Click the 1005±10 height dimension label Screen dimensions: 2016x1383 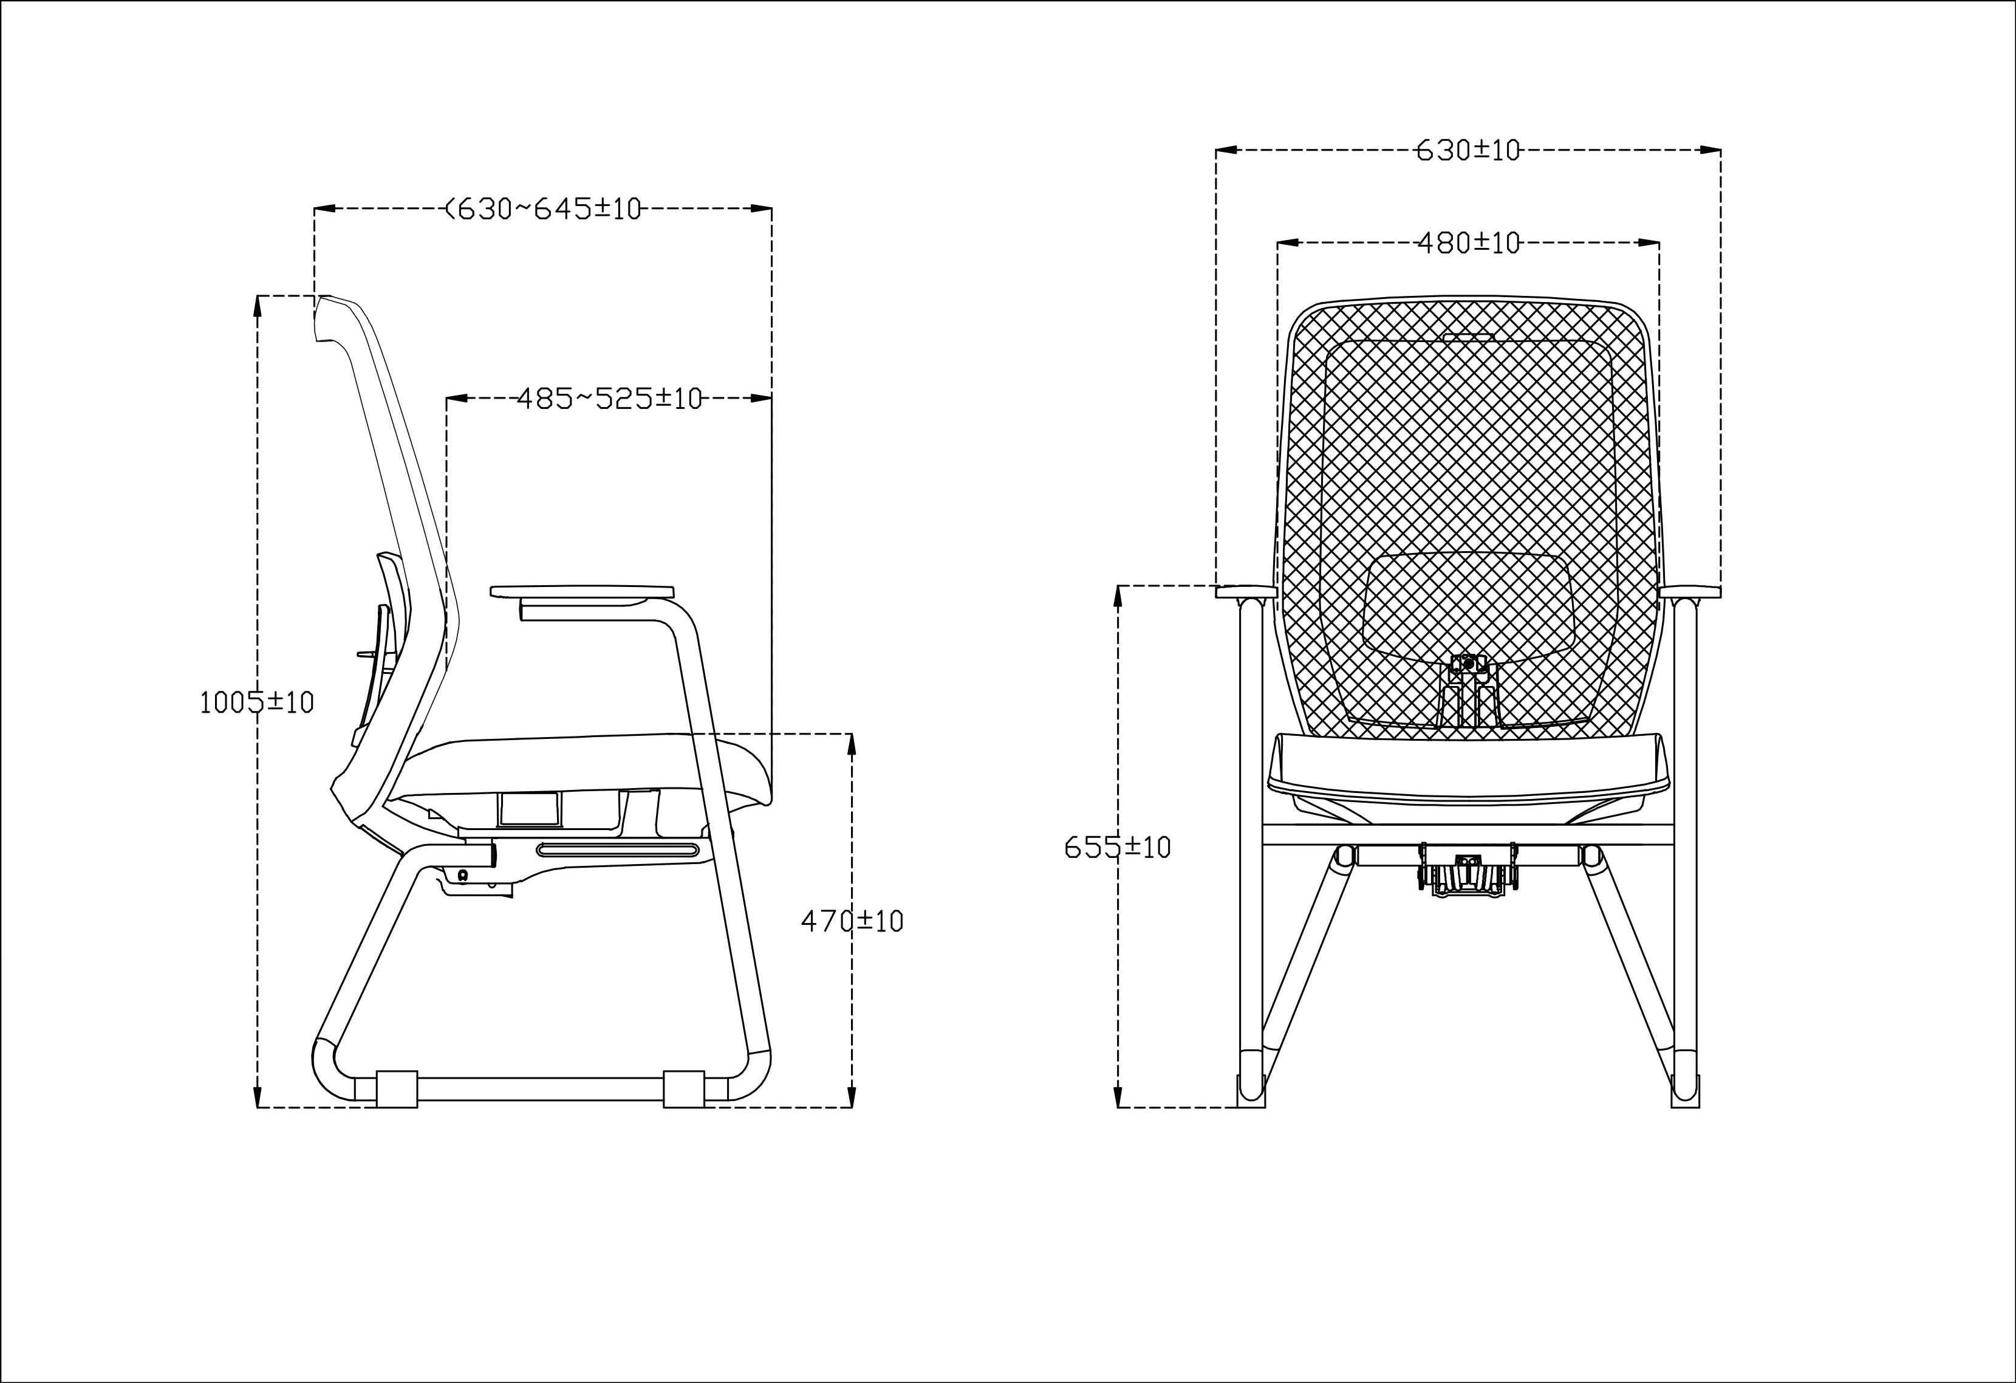pyautogui.click(x=257, y=702)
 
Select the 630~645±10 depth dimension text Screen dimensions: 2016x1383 pyautogui.click(x=543, y=209)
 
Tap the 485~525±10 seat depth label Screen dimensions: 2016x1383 pyautogui.click(x=609, y=398)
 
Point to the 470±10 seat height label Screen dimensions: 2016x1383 pyautogui.click(x=852, y=921)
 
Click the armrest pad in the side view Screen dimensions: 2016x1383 pyautogui.click(x=582, y=592)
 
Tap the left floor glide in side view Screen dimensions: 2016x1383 pyautogui.click(x=397, y=1089)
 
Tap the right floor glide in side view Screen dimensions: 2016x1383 pyautogui.click(x=683, y=1089)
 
